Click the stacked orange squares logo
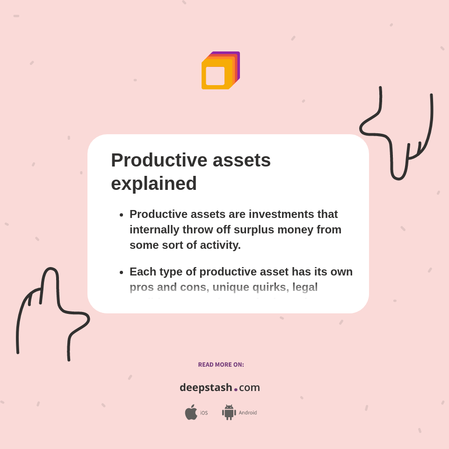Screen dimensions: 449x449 tap(220, 71)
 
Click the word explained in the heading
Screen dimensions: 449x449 tap(153, 183)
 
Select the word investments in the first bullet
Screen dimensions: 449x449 tap(281, 214)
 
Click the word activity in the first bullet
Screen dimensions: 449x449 tap(219, 245)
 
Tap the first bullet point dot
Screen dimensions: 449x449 tap(121, 215)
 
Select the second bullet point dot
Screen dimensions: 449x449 tap(121, 272)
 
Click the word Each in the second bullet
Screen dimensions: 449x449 tap(143, 272)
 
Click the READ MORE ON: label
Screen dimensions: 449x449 tap(221, 365)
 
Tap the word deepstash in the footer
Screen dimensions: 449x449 tap(206, 388)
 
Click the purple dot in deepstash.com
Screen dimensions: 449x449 tap(236, 389)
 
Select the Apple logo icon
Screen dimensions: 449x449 tap(191, 412)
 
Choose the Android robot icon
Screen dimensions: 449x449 tap(229, 413)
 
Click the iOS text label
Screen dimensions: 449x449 tap(204, 413)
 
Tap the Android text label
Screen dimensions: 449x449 tap(248, 413)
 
